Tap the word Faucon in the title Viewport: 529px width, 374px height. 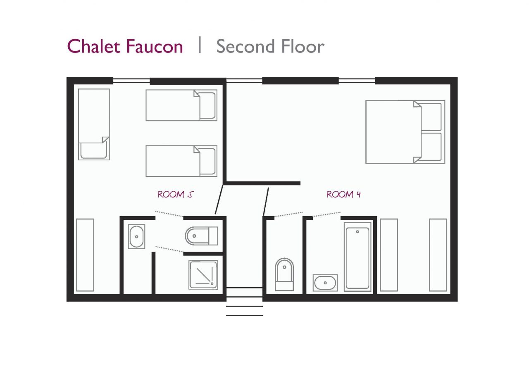click(x=154, y=46)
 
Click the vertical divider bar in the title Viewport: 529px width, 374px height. click(x=200, y=45)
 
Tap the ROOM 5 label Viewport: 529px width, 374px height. click(x=176, y=194)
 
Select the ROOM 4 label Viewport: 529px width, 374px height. click(x=343, y=194)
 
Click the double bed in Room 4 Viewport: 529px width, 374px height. click(x=405, y=132)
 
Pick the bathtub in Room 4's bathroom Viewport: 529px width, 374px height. click(x=357, y=256)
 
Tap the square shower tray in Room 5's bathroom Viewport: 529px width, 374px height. click(x=203, y=274)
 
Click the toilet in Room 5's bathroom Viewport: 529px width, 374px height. click(x=201, y=236)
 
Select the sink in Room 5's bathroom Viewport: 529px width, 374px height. click(x=136, y=236)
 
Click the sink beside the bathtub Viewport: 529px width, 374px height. click(x=325, y=283)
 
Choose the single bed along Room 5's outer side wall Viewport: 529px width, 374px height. click(x=94, y=124)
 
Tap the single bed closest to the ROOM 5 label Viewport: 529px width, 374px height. click(x=181, y=161)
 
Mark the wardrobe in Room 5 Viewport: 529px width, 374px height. click(x=85, y=255)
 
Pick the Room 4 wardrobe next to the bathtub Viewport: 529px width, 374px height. click(x=388, y=255)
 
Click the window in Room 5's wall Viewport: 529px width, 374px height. click(x=131, y=81)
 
